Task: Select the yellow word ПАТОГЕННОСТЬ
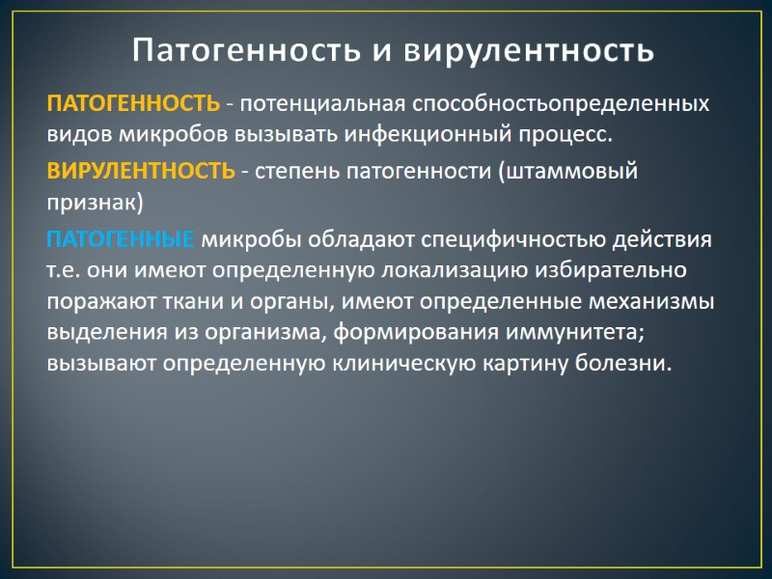tap(133, 103)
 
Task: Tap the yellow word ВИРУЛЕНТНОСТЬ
tap(141, 171)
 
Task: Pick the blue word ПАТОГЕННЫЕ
tap(121, 238)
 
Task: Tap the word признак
tap(94, 202)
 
